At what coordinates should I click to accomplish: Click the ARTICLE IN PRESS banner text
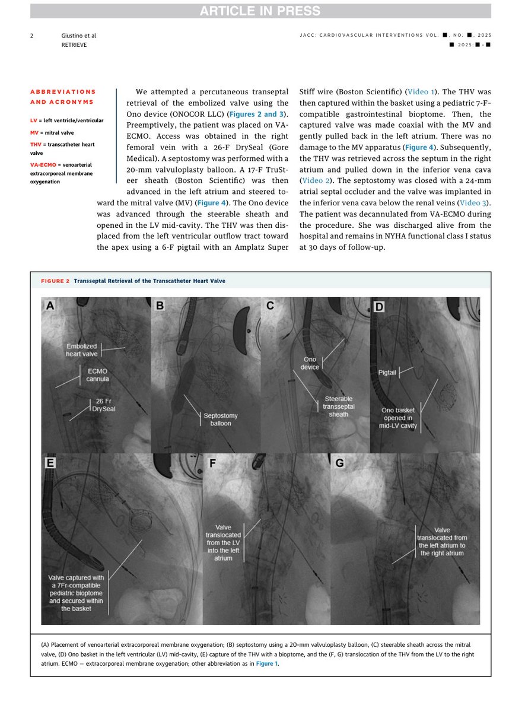[x=260, y=11]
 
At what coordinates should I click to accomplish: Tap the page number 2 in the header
[x=32, y=36]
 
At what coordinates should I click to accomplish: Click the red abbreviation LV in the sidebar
[x=34, y=120]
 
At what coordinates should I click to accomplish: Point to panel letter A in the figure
[x=50, y=306]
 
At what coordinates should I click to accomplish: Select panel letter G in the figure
[x=340, y=463]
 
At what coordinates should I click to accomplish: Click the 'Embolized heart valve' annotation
[x=81, y=350]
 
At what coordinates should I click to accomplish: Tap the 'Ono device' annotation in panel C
[x=310, y=363]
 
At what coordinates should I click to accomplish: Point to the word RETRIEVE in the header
[x=74, y=44]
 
